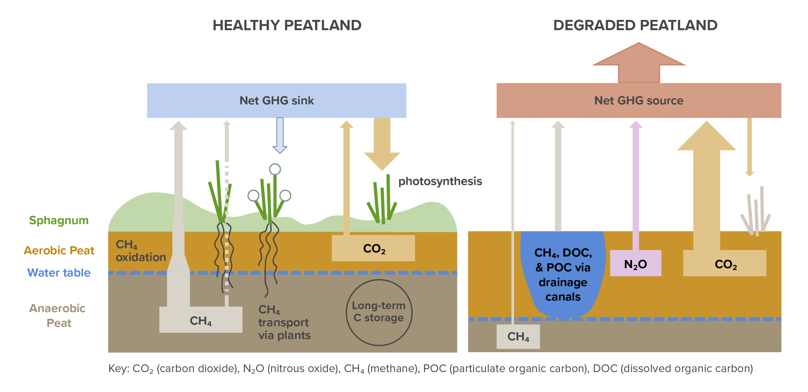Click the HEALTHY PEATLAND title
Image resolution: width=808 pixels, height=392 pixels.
tap(287, 25)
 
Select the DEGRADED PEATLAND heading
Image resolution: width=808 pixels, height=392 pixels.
tap(635, 25)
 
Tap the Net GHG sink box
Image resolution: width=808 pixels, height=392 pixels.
tap(276, 100)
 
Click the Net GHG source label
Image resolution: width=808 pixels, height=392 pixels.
tap(638, 100)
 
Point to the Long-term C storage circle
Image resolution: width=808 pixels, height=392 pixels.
tap(379, 312)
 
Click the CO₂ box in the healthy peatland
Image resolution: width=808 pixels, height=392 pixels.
tap(373, 248)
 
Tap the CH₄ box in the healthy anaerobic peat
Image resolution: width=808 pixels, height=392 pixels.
tap(201, 320)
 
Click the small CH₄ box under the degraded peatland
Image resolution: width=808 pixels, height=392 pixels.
tap(518, 336)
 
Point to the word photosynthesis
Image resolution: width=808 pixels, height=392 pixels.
tap(440, 181)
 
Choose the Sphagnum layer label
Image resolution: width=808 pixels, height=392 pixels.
tap(59, 221)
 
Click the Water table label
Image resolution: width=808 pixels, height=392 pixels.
tap(59, 273)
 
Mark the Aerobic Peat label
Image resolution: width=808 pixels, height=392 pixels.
tap(59, 250)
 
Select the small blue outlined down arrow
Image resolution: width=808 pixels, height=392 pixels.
tap(280, 135)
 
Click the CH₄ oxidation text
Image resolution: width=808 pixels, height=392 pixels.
tap(140, 251)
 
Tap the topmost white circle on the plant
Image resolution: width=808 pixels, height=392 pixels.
tap(275, 169)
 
